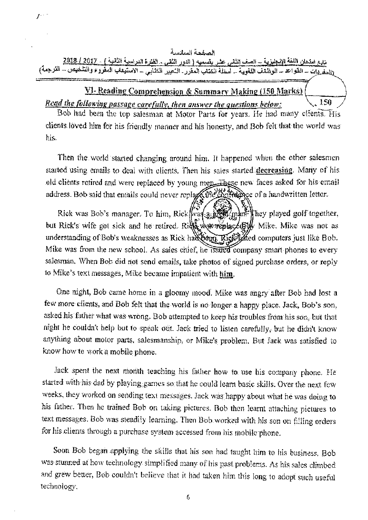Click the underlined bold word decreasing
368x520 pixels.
[275, 170]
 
